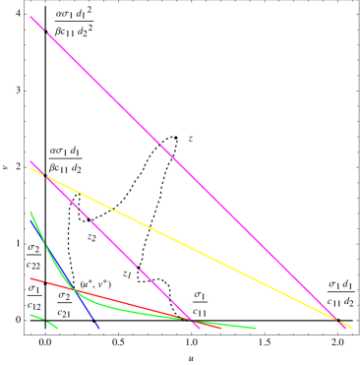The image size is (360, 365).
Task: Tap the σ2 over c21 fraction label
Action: click(65, 303)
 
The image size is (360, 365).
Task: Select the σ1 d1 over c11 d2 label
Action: click(340, 293)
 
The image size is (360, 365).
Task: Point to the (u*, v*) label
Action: click(95, 283)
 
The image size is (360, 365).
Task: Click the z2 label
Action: click(91, 237)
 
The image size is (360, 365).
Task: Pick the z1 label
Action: click(127, 274)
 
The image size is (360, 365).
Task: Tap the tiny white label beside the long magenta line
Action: click(191, 140)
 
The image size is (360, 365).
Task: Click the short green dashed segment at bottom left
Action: click(43, 320)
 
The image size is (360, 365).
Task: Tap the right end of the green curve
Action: click(256, 328)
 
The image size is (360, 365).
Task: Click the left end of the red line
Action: click(31, 278)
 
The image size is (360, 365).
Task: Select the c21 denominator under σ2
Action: click(65, 312)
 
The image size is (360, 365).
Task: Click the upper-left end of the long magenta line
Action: click(30, 17)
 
